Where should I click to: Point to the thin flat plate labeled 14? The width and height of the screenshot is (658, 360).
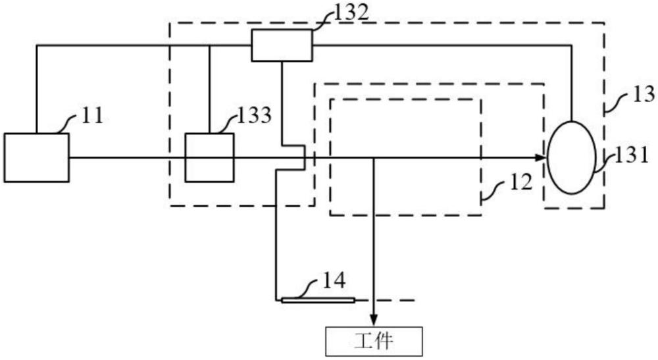[318, 300]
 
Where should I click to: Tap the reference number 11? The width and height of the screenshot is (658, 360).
[92, 116]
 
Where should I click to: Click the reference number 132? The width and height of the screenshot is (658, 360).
[351, 13]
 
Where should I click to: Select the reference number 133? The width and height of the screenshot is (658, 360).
[254, 115]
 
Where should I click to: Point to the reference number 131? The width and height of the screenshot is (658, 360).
[632, 156]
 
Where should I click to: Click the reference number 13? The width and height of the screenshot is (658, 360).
[644, 94]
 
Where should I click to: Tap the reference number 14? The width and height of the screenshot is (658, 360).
[334, 281]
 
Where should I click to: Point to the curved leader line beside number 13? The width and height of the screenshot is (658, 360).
[617, 103]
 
